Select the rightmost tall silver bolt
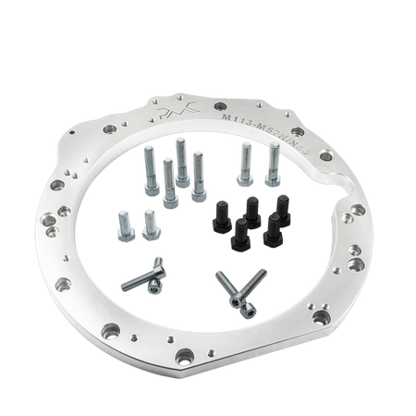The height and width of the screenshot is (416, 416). tap(274, 166)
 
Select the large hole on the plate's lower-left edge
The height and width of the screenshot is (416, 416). tap(65, 281)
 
